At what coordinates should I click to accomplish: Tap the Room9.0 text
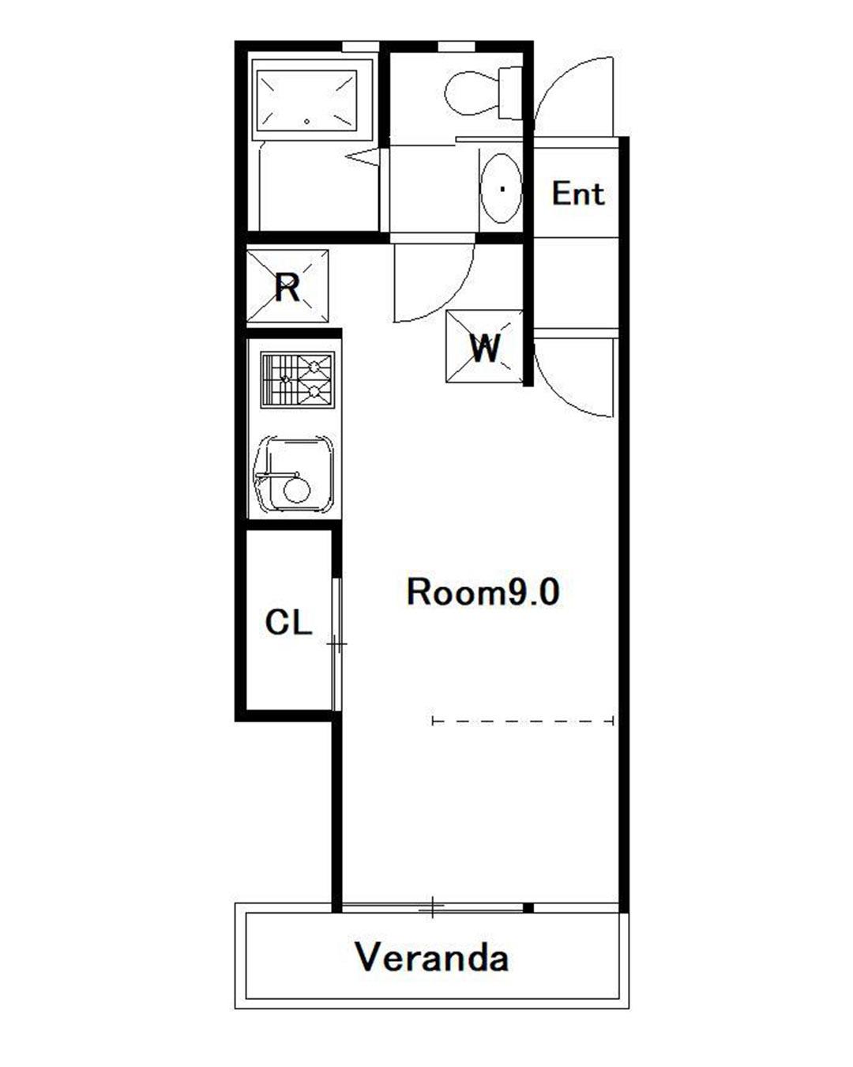(483, 593)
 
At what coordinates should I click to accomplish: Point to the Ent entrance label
(578, 194)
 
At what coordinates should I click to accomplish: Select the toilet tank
(510, 93)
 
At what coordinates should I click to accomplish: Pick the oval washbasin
(502, 188)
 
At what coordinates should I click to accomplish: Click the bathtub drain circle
(306, 122)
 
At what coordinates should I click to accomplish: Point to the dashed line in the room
(523, 721)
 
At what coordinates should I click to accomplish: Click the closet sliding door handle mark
(336, 644)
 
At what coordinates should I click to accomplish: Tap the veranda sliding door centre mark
(432, 907)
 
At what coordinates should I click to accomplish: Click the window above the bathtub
(361, 47)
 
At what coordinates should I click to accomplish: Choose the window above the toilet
(456, 47)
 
